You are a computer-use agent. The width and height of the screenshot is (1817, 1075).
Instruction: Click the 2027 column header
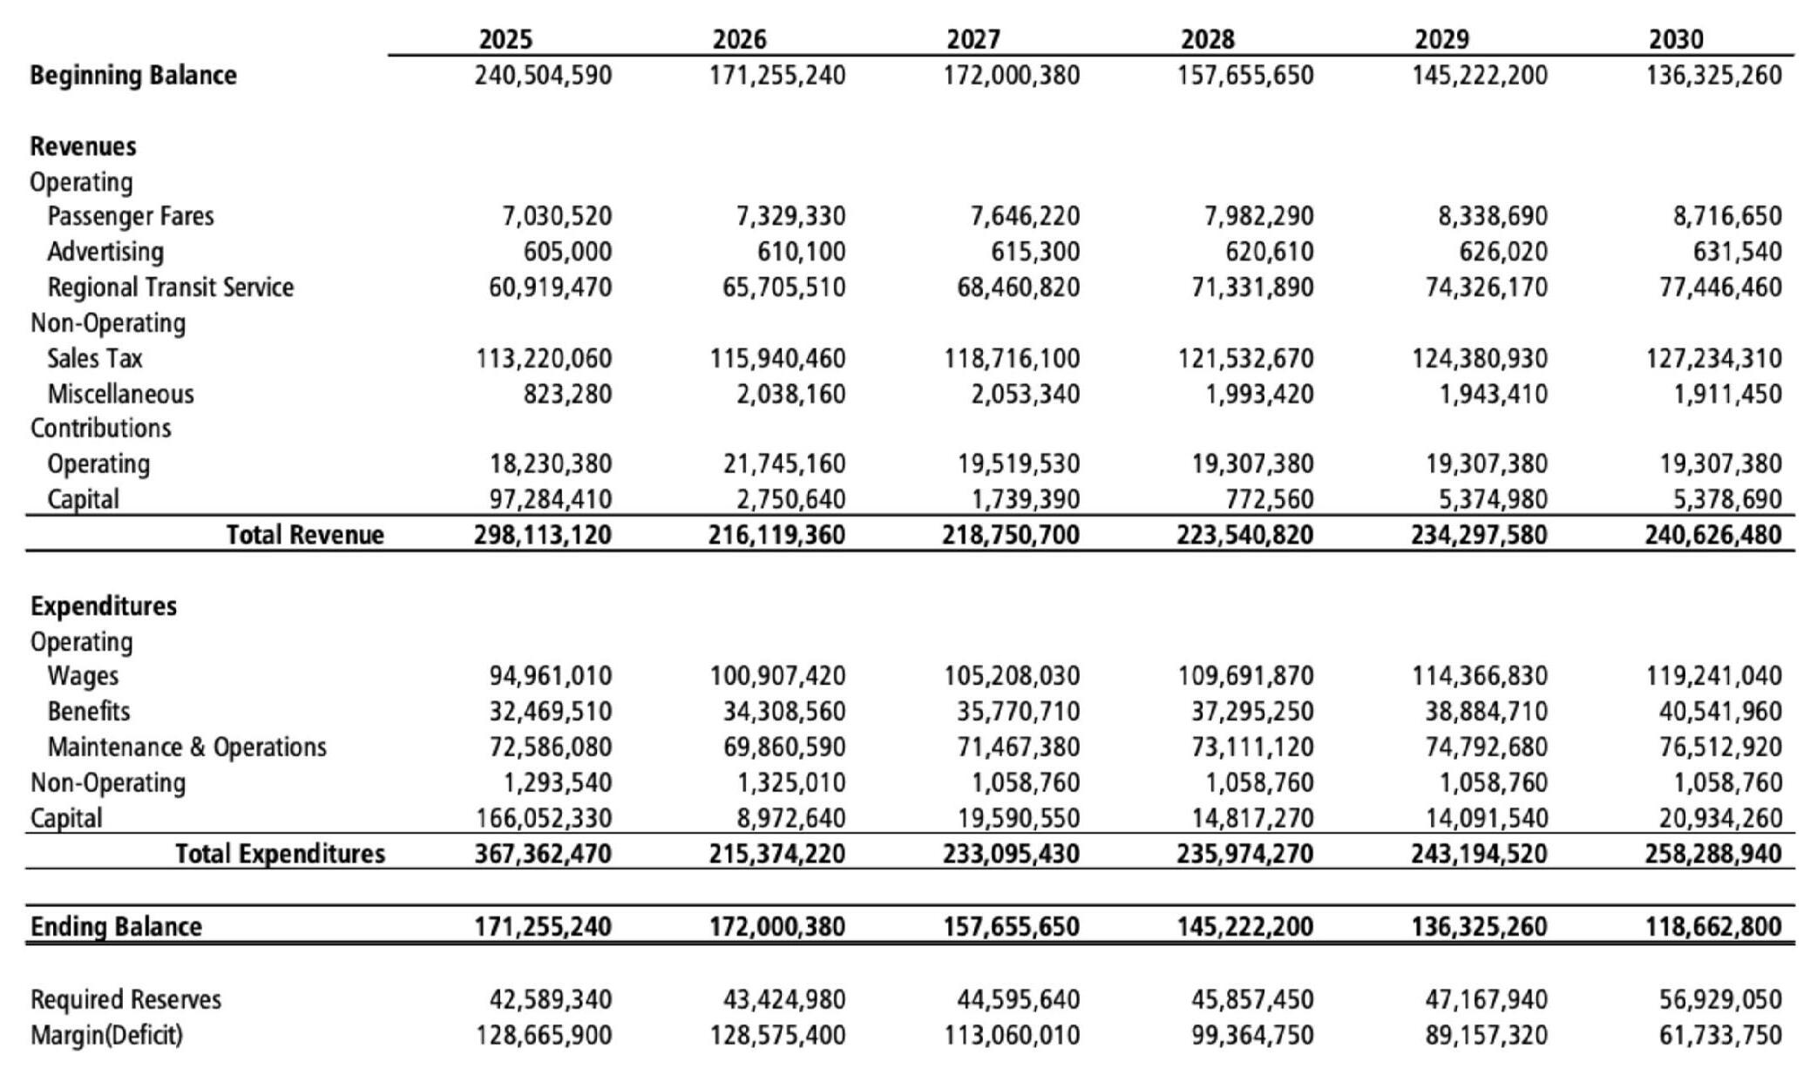pos(973,39)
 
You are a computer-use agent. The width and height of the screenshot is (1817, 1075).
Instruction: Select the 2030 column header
pos(1676,39)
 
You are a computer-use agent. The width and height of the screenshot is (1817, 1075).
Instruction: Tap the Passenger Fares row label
pos(130,216)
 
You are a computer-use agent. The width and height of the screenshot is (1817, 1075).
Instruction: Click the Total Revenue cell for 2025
pos(543,535)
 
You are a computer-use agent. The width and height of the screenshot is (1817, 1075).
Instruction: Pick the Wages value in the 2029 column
pos(1479,676)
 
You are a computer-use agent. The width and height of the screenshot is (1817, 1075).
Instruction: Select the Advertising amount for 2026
pos(801,252)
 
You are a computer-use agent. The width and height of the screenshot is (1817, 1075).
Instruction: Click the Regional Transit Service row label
pos(170,287)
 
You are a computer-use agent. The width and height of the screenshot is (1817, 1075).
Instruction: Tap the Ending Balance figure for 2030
pos(1712,926)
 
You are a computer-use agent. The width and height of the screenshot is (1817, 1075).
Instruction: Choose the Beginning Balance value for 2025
pos(543,75)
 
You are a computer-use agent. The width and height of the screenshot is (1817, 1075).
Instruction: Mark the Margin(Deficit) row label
pos(106,1035)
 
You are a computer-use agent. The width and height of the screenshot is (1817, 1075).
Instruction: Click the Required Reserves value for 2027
pos(1011,999)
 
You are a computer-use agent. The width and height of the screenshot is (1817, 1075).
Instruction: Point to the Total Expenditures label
pos(280,854)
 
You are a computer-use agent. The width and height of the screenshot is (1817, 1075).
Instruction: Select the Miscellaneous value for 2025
pos(567,394)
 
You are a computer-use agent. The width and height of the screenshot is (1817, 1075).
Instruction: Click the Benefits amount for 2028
pos(1252,712)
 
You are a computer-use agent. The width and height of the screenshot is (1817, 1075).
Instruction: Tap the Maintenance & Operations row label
pos(186,747)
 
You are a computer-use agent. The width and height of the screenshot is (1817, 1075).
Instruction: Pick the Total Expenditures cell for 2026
pos(776,854)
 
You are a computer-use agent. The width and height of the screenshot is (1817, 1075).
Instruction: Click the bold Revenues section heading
pos(83,145)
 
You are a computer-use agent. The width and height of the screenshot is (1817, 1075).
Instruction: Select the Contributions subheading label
pos(100,428)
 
